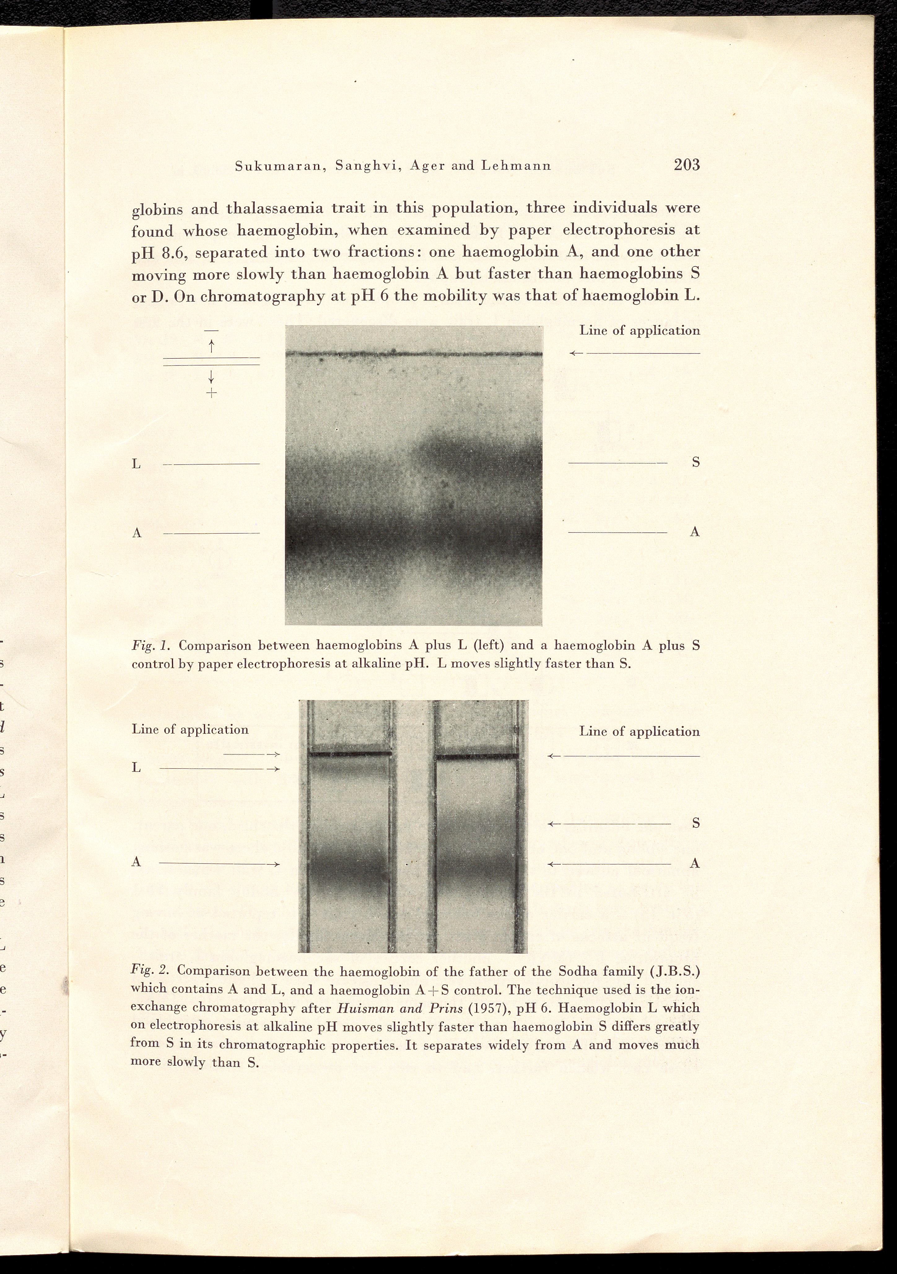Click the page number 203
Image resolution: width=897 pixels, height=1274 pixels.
pyautogui.click(x=687, y=165)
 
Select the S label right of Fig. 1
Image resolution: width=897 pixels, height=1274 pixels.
pyautogui.click(x=696, y=462)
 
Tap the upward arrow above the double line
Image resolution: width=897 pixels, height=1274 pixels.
pyautogui.click(x=211, y=347)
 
